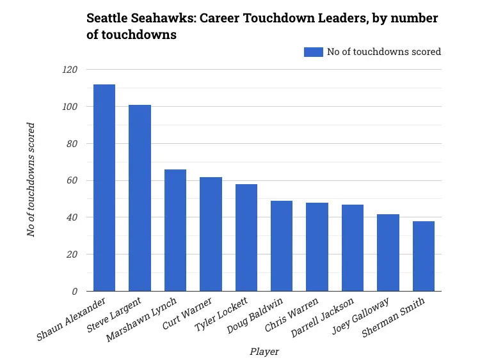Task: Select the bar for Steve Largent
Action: pos(140,198)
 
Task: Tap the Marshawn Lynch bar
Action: pos(175,230)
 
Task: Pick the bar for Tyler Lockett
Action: pos(246,237)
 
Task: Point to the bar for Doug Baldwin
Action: pos(282,246)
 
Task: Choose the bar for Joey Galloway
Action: pos(388,253)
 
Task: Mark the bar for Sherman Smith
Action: pos(424,256)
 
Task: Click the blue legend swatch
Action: pos(314,52)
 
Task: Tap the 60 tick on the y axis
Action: pos(71,181)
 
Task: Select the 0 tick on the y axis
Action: pos(74,292)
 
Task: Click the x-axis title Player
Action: pos(264,351)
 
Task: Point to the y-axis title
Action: pos(31,180)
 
